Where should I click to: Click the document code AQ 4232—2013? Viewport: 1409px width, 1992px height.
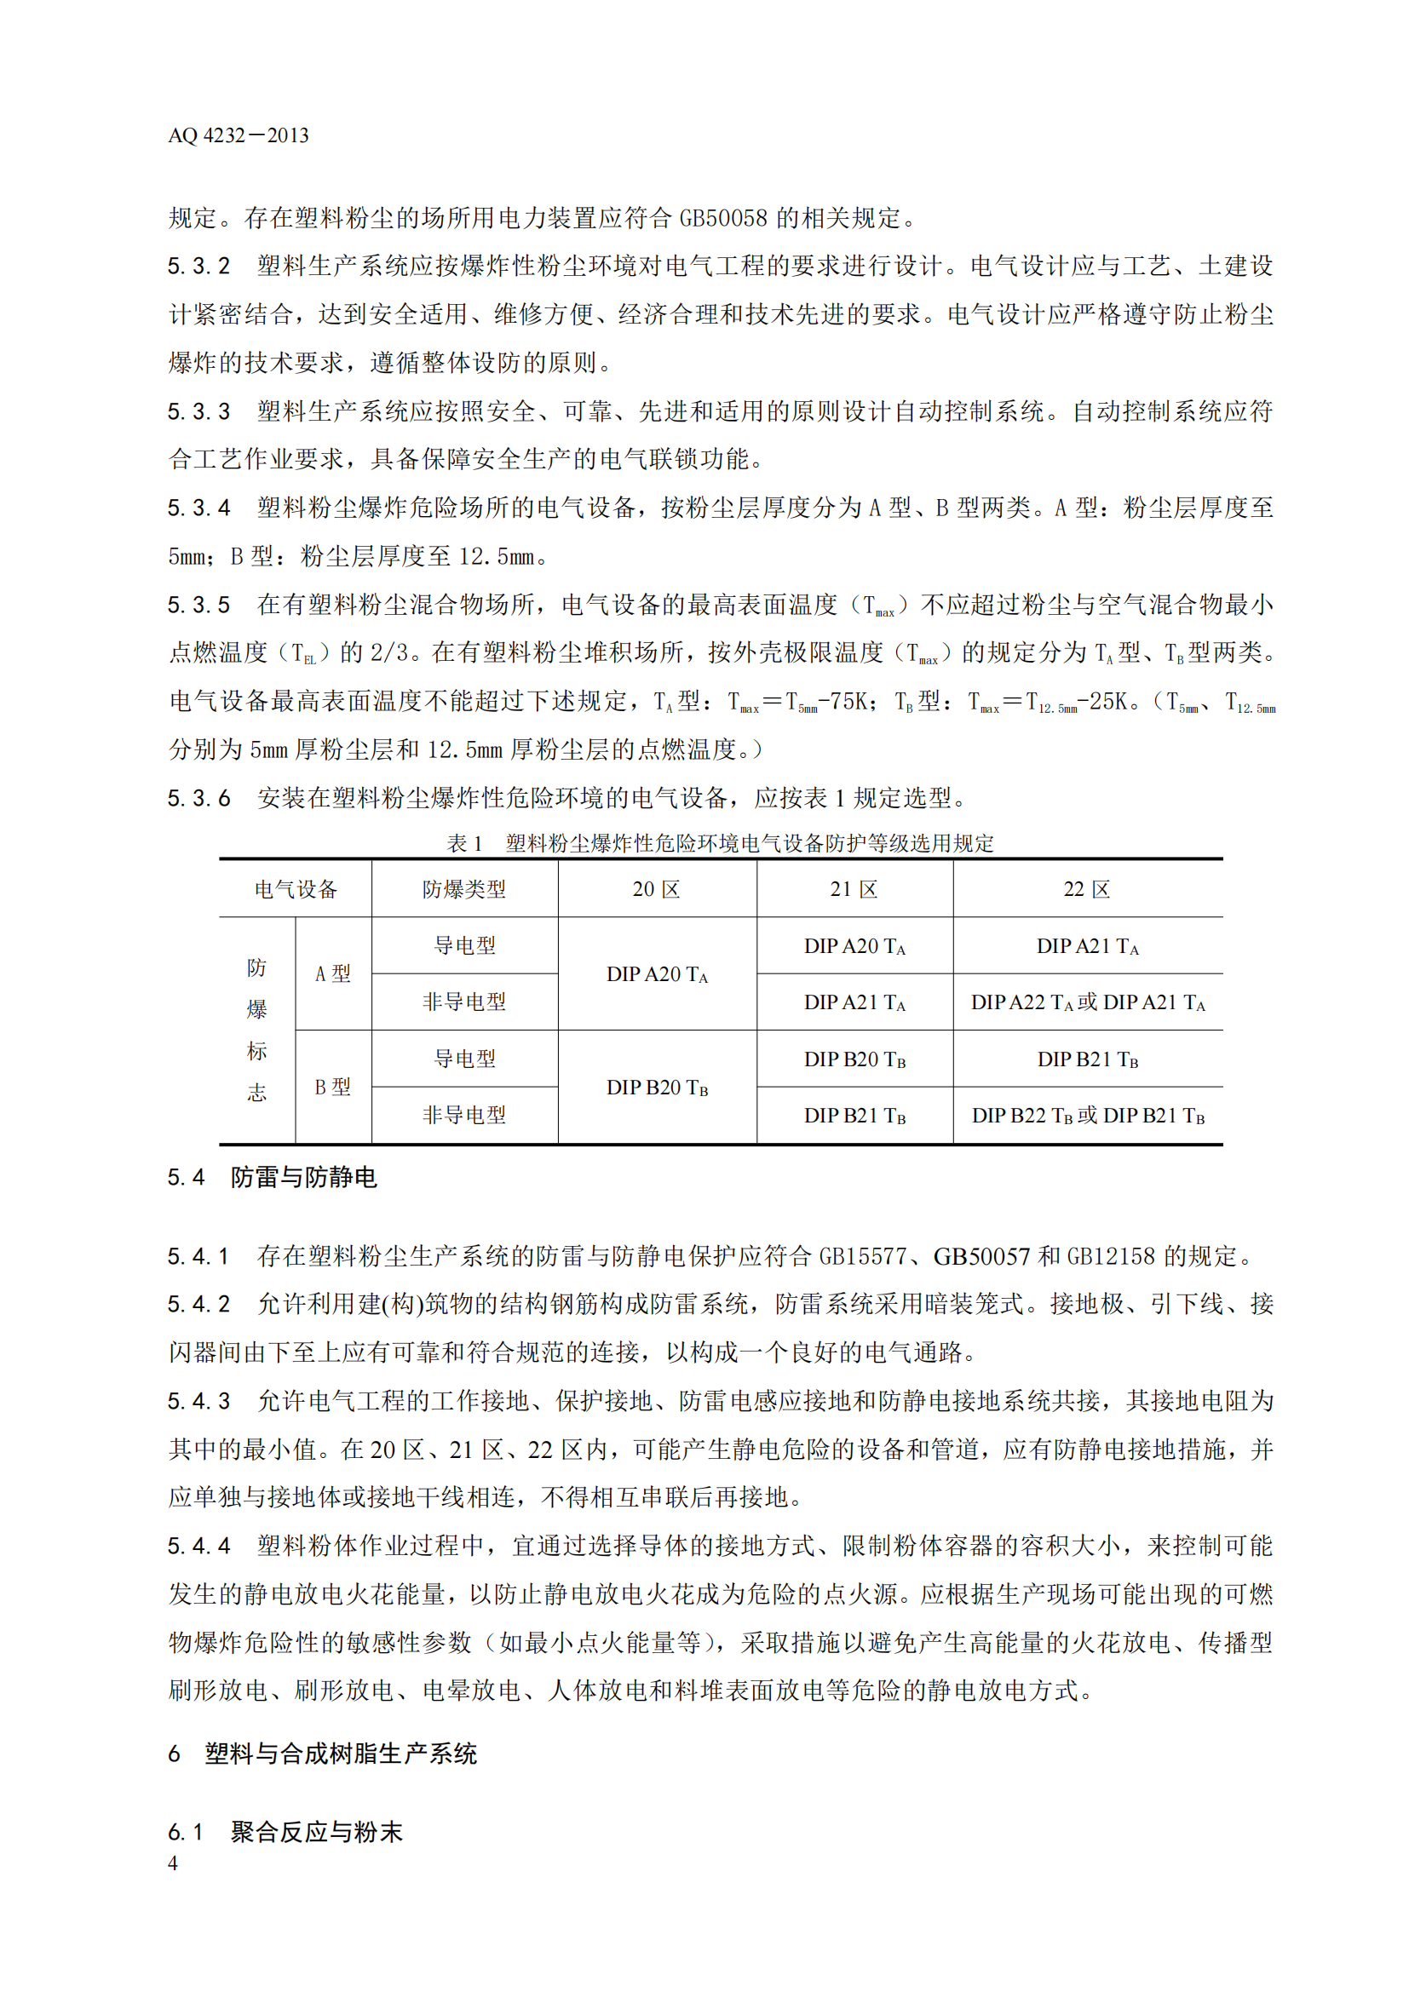pyautogui.click(x=238, y=135)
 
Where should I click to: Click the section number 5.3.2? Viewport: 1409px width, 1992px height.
pyautogui.click(x=198, y=266)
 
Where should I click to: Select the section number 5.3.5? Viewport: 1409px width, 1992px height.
pyautogui.click(x=198, y=605)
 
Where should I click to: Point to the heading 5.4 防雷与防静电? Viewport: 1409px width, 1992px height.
pyautogui.click(x=273, y=1177)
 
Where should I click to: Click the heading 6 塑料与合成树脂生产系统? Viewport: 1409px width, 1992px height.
pyautogui.click(x=322, y=1754)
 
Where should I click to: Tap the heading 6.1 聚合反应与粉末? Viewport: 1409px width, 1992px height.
pyautogui.click(x=285, y=1832)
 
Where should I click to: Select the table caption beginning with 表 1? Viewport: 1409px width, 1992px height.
pyautogui.click(x=720, y=842)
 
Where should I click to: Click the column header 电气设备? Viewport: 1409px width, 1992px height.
pyautogui.click(x=295, y=889)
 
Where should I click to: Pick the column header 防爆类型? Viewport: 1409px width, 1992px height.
pyautogui.click(x=464, y=889)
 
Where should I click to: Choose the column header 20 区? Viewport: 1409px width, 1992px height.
pyautogui.click(x=656, y=889)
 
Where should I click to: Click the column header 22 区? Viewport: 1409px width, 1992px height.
pyautogui.click(x=1087, y=889)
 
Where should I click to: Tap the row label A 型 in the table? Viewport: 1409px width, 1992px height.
pyautogui.click(x=332, y=973)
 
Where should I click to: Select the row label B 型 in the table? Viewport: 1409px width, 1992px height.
pyautogui.click(x=332, y=1087)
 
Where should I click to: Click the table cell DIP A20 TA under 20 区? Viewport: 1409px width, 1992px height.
pyautogui.click(x=657, y=974)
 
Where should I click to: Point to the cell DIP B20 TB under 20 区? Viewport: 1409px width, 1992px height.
pyautogui.click(x=657, y=1088)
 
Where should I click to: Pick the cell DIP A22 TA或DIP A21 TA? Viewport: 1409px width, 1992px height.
pyautogui.click(x=1088, y=1003)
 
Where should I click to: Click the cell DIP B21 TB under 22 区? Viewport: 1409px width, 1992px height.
pyautogui.click(x=1088, y=1059)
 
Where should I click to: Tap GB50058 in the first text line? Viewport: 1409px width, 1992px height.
pyautogui.click(x=722, y=218)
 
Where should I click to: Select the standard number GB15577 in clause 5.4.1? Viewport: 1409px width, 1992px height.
pyautogui.click(x=862, y=1255)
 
